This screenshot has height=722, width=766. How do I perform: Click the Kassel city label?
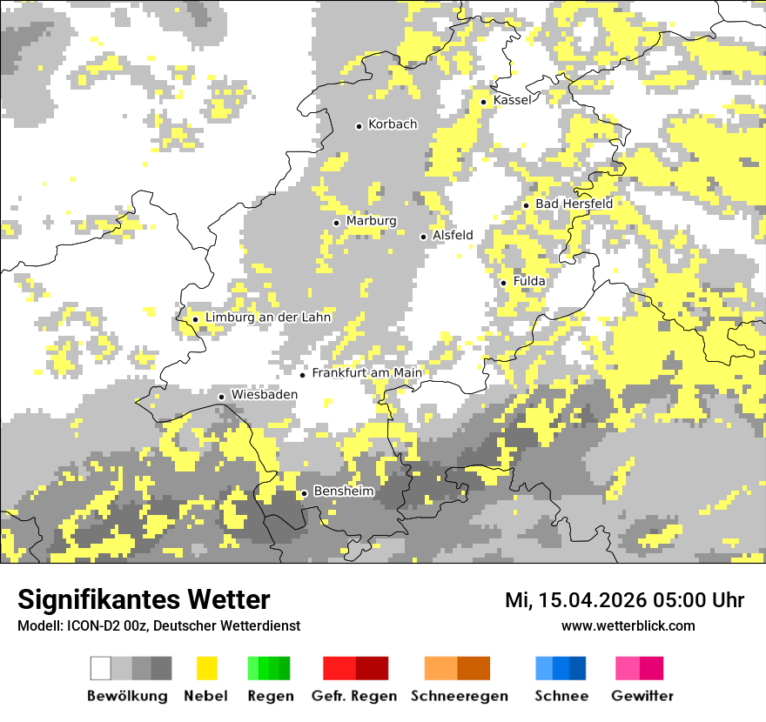(x=512, y=100)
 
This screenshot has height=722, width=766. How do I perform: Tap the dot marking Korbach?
(x=359, y=126)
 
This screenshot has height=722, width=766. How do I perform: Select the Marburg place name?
(x=371, y=221)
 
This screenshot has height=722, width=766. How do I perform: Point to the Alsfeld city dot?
(x=424, y=237)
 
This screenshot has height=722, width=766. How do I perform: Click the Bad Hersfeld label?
(x=574, y=204)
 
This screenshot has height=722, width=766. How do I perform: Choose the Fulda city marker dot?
(x=504, y=283)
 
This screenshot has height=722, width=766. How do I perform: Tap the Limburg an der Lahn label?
(x=268, y=318)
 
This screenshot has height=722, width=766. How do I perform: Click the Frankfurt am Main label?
(x=366, y=373)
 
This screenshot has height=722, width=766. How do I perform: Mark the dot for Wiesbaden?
(x=222, y=397)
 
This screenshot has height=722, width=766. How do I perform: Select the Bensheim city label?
(x=343, y=491)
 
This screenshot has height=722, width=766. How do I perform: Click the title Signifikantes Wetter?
(x=144, y=599)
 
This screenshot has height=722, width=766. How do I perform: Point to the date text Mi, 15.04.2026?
(x=574, y=600)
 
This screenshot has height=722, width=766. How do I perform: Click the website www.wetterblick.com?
(x=628, y=625)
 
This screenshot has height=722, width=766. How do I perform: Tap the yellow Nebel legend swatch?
(x=206, y=668)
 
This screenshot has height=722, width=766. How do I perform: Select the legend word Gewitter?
(x=642, y=696)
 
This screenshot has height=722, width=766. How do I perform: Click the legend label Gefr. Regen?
(x=354, y=696)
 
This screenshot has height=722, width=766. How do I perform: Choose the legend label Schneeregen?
(x=459, y=696)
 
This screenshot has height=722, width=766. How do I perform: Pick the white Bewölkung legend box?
(x=101, y=668)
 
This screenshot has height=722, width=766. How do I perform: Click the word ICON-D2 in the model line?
(x=95, y=625)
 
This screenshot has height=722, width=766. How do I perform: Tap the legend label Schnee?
(x=561, y=696)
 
